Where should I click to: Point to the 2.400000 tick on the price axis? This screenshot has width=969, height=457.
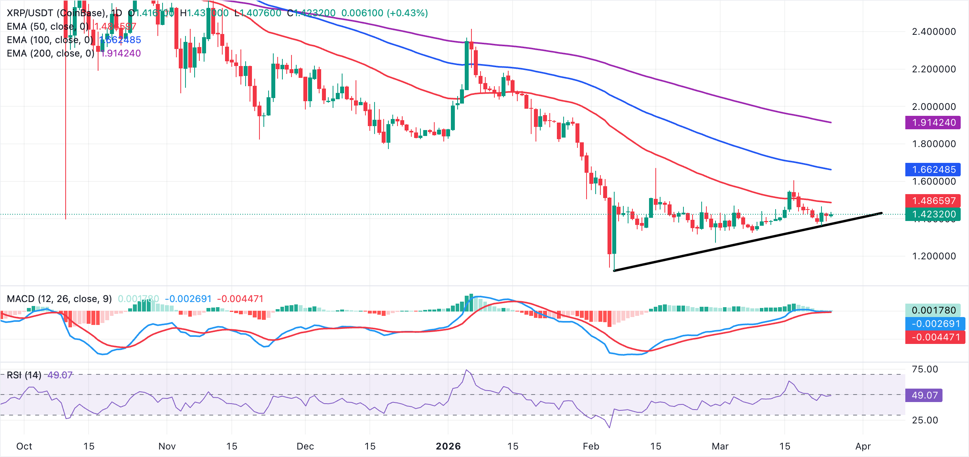933,32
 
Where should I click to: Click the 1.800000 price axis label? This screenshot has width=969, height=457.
933,144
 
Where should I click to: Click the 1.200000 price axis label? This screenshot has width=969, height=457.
933,256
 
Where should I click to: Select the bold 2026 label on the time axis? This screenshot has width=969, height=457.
448,446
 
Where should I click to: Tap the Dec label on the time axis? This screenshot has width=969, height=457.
305,446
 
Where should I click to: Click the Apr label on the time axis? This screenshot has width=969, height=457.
863,446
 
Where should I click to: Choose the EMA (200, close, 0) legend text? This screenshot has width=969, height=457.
51,53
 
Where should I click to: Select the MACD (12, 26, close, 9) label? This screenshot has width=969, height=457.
59,299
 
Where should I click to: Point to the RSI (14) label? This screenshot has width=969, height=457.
24,375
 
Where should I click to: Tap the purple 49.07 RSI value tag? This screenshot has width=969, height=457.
924,395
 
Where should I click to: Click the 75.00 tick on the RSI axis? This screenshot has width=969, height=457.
924,369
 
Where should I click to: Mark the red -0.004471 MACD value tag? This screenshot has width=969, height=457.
935,337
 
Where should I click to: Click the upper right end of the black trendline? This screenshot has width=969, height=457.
881,213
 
